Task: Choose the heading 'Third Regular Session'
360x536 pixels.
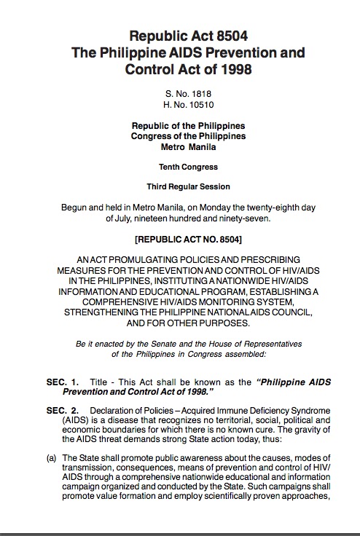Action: point(189,186)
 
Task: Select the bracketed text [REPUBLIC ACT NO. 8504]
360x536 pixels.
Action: point(189,239)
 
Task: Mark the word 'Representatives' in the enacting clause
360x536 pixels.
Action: point(271,343)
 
